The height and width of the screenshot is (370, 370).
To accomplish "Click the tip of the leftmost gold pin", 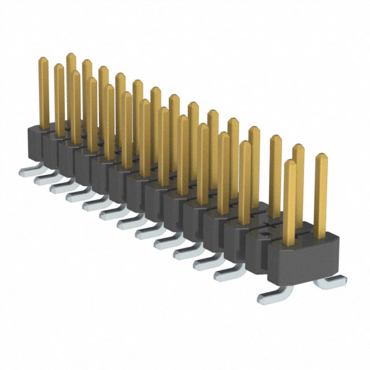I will click(x=43, y=60).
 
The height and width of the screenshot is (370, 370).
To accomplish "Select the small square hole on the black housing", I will click(x=264, y=235).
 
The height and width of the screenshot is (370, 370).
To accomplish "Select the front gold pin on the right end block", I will click(x=290, y=202).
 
